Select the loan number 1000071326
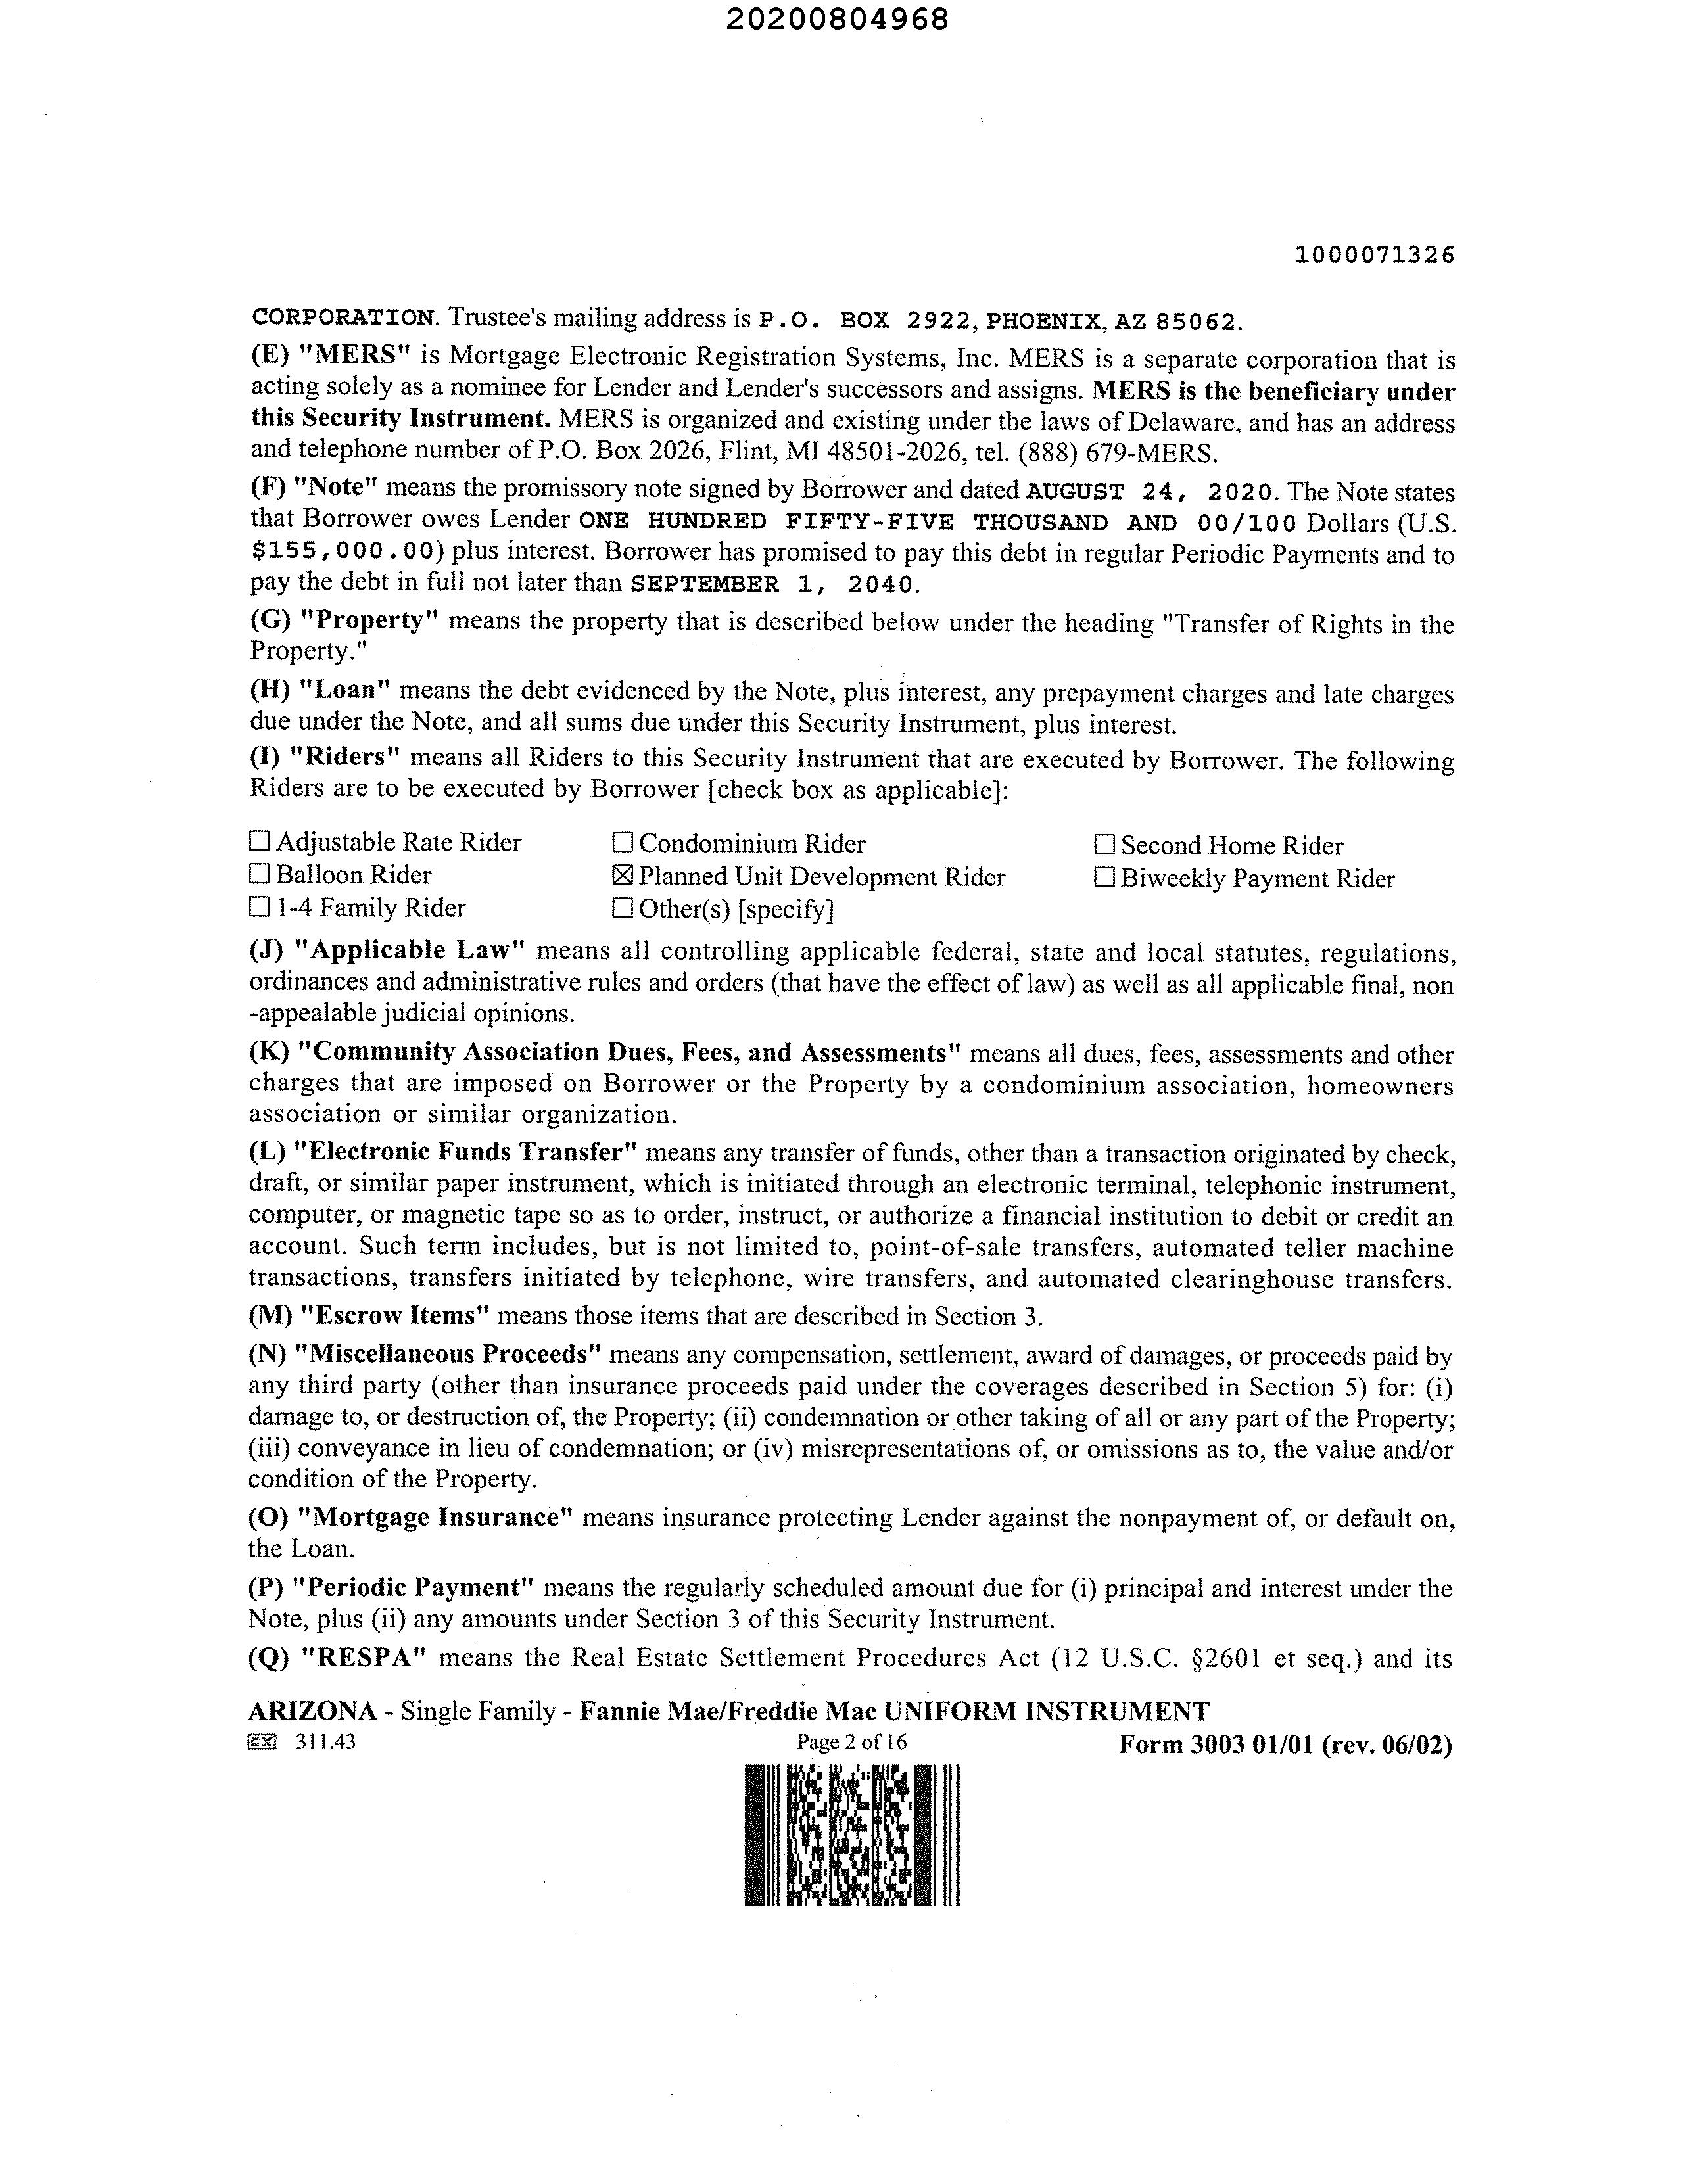pos(1375,255)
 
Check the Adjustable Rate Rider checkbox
pos(259,841)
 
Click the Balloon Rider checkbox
pos(259,874)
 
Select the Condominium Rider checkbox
pos(622,843)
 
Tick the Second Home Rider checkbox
pos(1104,845)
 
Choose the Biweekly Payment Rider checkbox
pos(1104,878)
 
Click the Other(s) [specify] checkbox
pos(622,908)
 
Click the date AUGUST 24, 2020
pos(1150,492)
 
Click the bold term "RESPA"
pos(363,1658)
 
